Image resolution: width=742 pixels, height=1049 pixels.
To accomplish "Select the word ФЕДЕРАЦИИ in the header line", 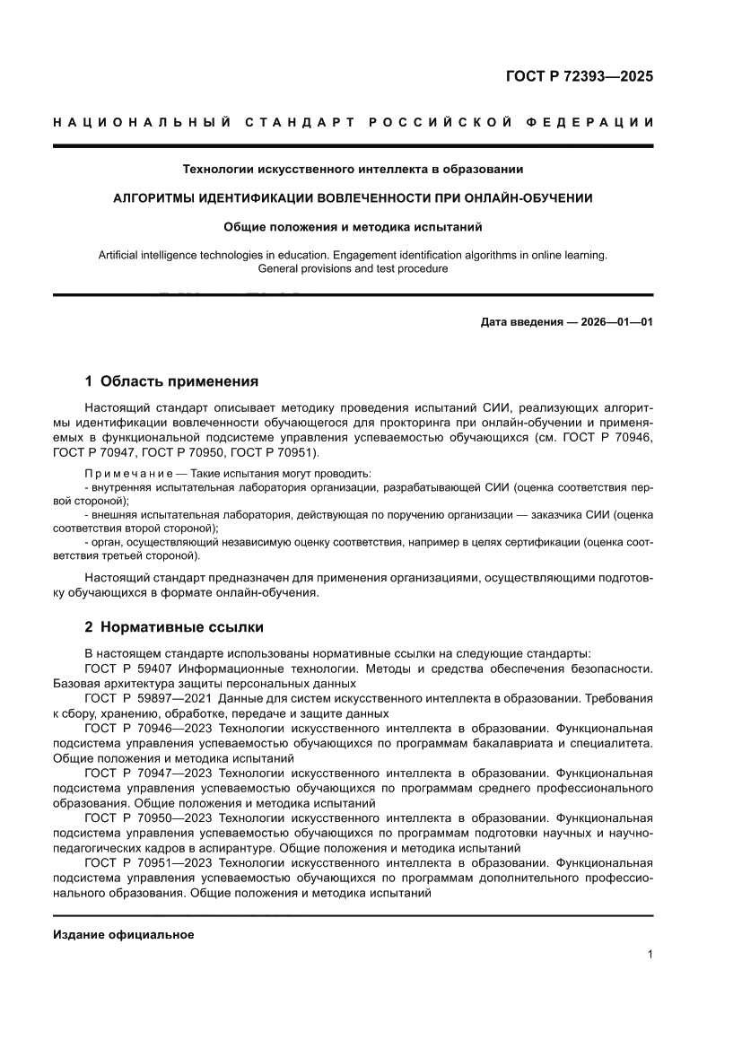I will point(587,122).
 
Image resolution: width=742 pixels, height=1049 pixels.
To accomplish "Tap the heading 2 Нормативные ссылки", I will point(174,626).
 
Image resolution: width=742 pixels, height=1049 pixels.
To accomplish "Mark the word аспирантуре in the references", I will point(232,848).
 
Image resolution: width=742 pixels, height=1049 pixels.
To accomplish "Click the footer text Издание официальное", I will point(124,934).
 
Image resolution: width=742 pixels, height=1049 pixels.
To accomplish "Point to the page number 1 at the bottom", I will point(649,955).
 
